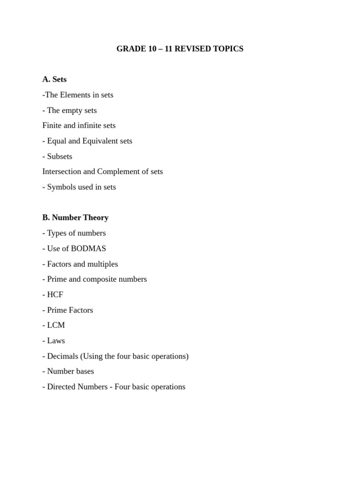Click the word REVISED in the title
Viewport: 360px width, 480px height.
[192, 49]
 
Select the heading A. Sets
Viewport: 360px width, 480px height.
[54, 79]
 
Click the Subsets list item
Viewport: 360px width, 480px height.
[60, 156]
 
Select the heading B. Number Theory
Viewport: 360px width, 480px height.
[75, 217]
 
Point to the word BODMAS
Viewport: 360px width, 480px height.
[88, 248]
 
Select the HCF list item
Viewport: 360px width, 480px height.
[55, 294]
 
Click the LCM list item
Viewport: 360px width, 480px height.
[56, 325]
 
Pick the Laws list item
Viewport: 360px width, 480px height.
[56, 340]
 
